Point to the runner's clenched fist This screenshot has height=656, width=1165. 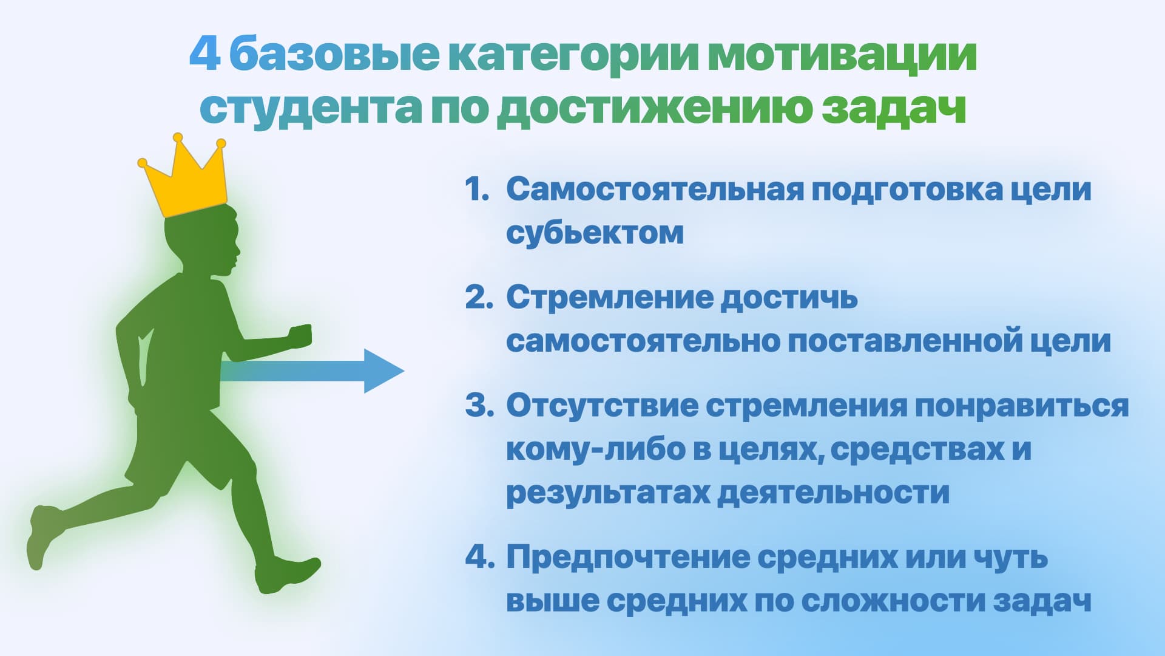coord(300,336)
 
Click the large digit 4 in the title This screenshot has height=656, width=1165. coord(204,55)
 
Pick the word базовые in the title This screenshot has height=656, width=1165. coord(334,55)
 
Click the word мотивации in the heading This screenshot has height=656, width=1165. coord(842,55)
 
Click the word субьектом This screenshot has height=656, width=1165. coord(595,233)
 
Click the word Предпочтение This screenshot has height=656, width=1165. coord(628,558)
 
